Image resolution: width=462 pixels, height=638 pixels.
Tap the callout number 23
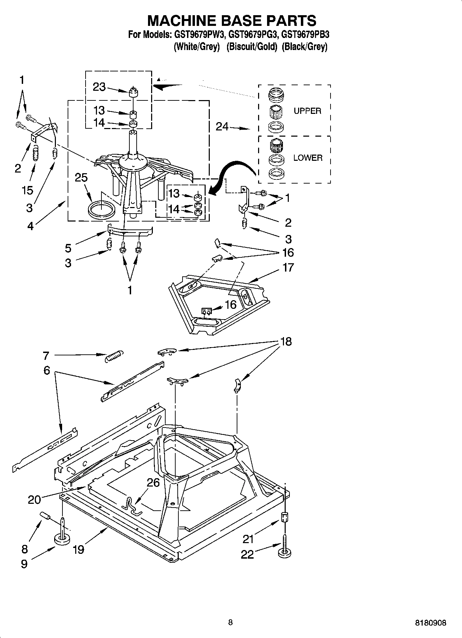click(x=99, y=87)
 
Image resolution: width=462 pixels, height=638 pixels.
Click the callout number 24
click(x=222, y=127)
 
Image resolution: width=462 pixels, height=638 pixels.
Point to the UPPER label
click(x=307, y=111)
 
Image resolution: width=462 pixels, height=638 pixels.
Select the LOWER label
click(x=308, y=158)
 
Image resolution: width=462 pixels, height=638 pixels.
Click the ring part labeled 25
click(x=101, y=210)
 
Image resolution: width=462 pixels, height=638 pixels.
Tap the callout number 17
click(x=288, y=267)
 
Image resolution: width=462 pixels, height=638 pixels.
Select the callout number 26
click(x=153, y=483)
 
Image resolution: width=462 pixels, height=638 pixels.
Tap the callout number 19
click(x=78, y=549)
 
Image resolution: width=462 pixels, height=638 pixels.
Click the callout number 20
click(x=34, y=499)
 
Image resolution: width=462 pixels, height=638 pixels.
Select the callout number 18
click(x=286, y=342)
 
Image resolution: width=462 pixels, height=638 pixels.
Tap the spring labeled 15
click(x=35, y=153)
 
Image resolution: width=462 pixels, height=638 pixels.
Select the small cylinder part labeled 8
click(x=46, y=516)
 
